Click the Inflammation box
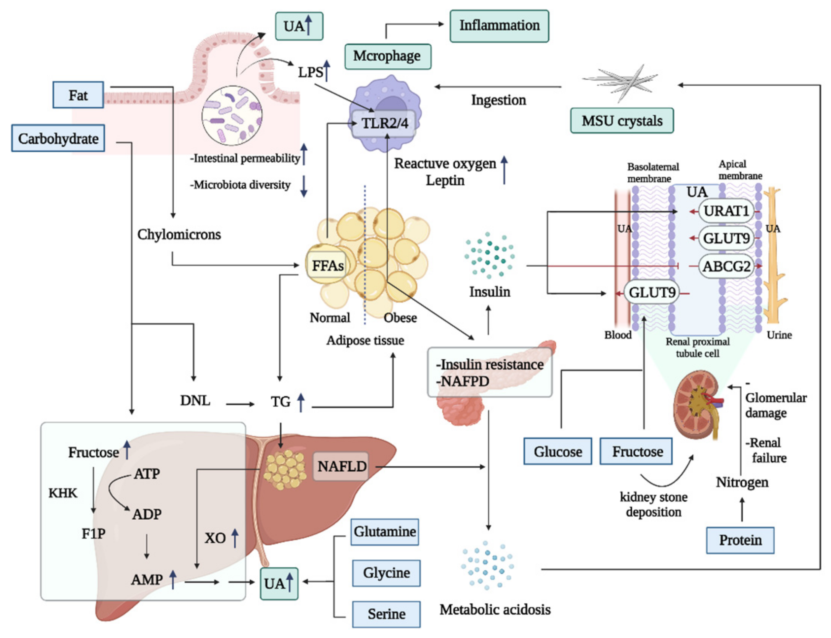(499, 26)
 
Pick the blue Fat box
(78, 95)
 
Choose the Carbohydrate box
(58, 138)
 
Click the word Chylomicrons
(179, 234)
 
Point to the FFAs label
(328, 265)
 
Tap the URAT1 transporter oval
(726, 211)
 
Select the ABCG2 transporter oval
(726, 267)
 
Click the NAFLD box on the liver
(341, 466)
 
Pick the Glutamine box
(385, 532)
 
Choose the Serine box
(386, 614)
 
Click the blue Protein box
(740, 540)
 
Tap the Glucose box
(557, 452)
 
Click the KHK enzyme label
(63, 493)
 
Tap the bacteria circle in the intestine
(232, 115)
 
